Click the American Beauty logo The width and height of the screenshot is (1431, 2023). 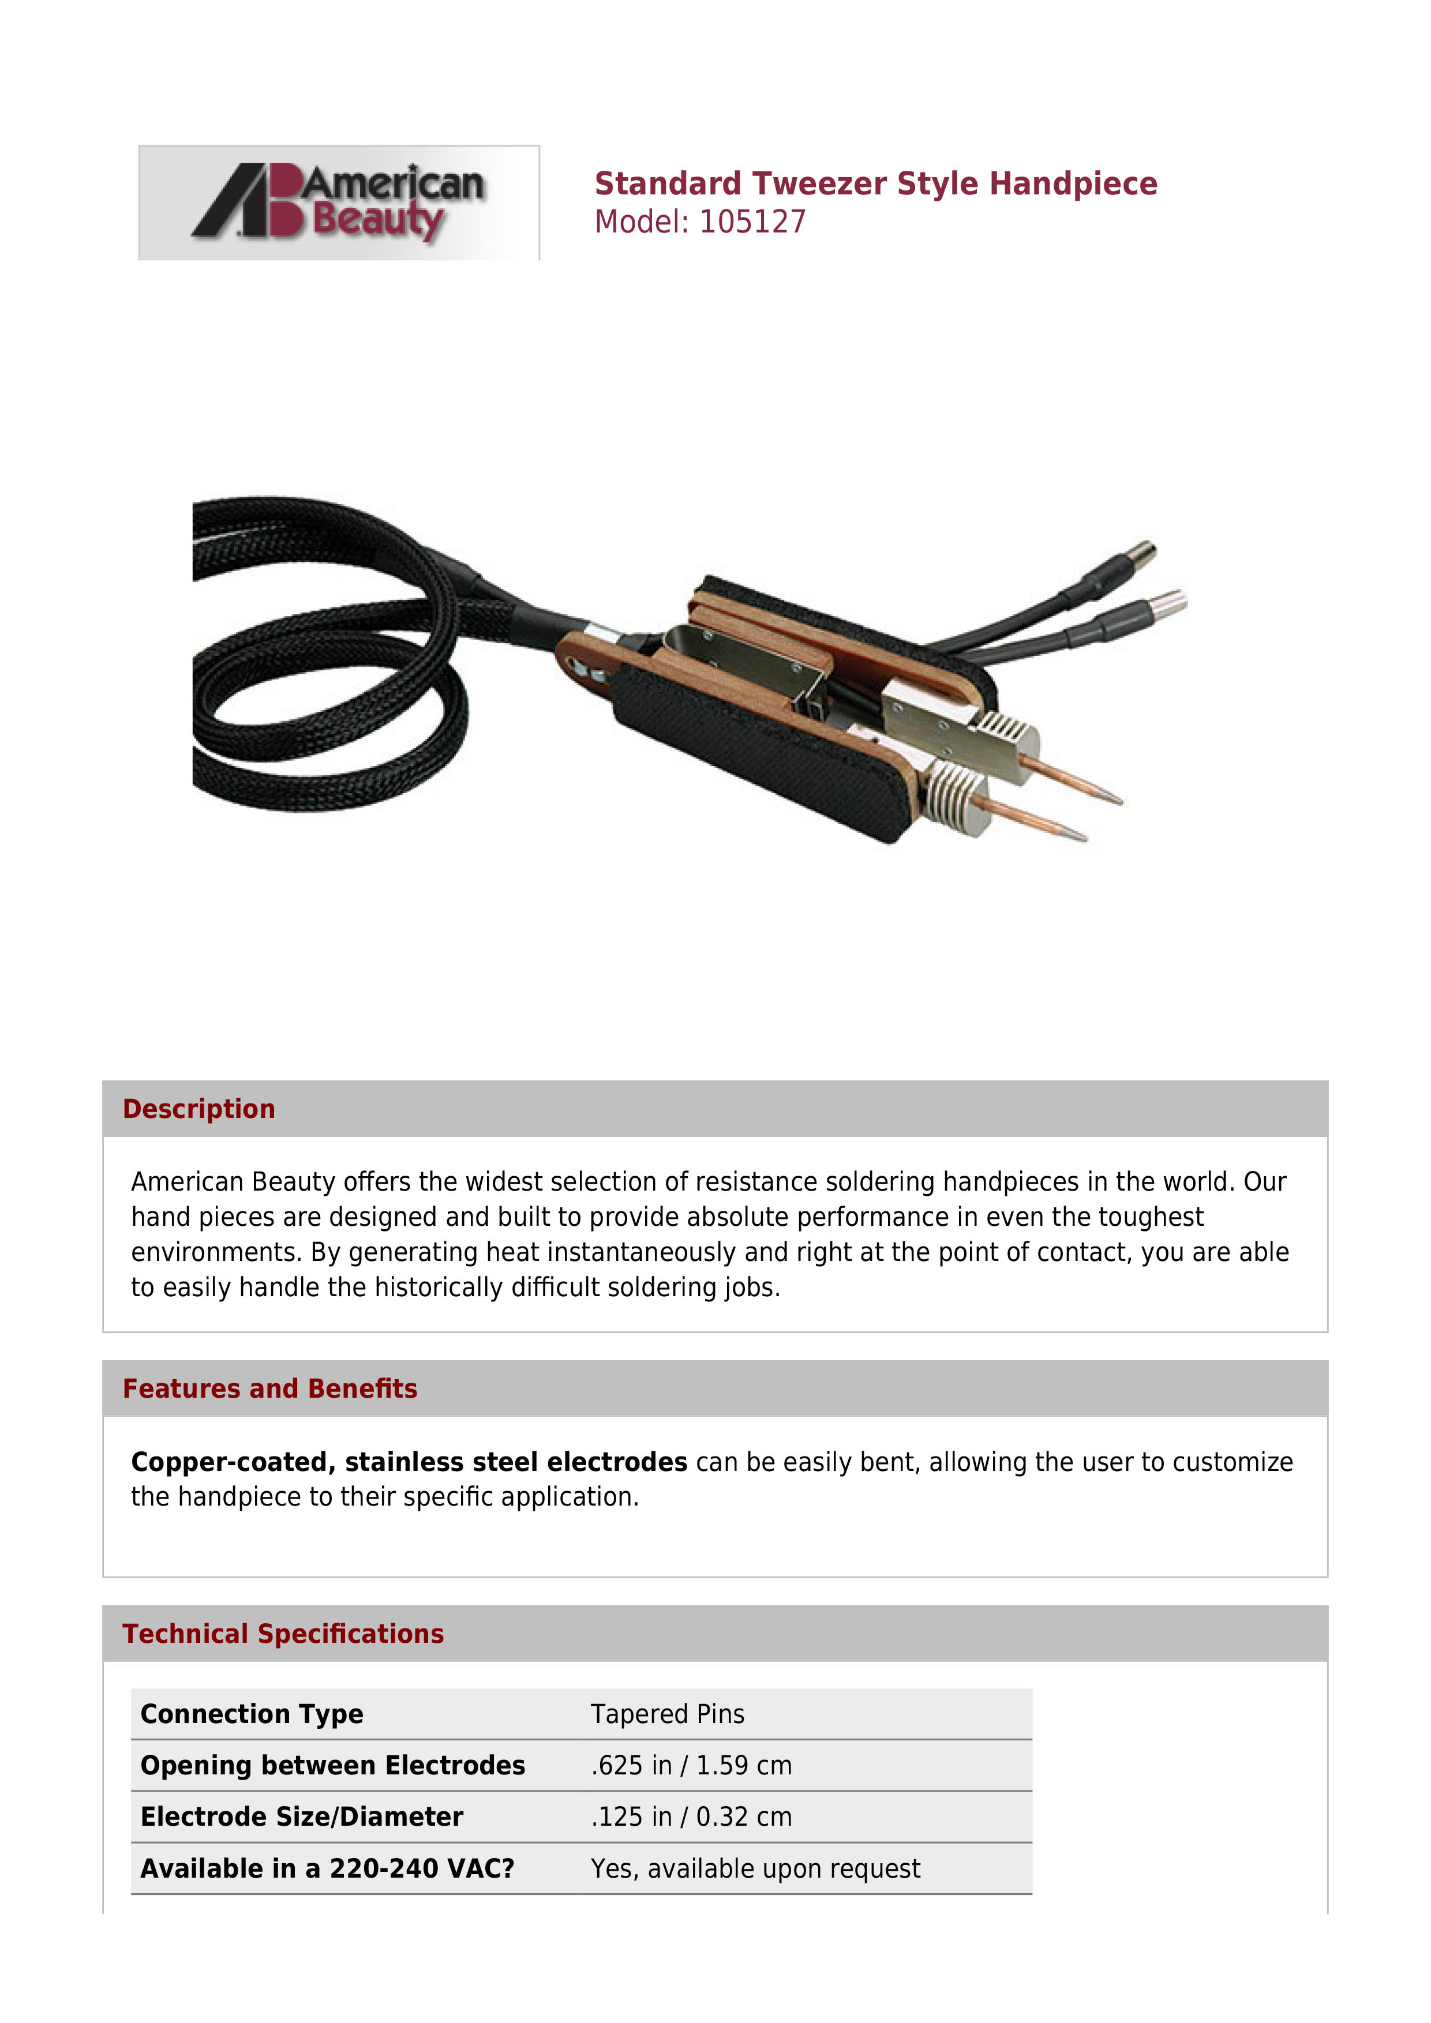tap(338, 202)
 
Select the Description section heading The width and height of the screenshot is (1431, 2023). tap(198, 1109)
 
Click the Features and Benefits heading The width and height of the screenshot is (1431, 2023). tap(269, 1388)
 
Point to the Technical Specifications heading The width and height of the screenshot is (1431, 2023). tap(283, 1634)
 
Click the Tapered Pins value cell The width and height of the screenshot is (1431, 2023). tap(667, 1714)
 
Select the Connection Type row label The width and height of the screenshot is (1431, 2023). tap(252, 1714)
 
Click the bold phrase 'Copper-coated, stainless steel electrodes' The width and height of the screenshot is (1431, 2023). tap(409, 1462)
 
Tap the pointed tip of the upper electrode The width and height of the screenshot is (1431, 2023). tap(1119, 800)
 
